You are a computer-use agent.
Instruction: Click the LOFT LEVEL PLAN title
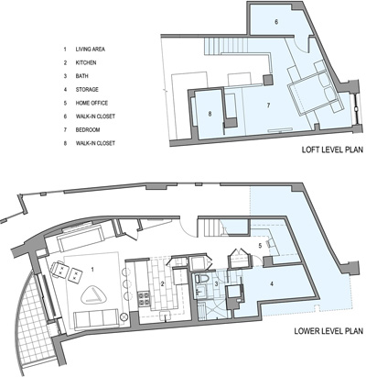[x=332, y=150]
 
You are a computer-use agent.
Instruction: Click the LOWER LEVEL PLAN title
[x=328, y=331]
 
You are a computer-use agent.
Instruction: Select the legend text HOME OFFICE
[x=91, y=103]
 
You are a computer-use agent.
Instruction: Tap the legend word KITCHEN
[x=86, y=62]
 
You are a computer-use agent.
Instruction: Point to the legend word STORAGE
[x=87, y=90]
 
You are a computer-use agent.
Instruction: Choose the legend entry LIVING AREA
[x=91, y=50]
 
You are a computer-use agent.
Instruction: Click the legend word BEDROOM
[x=88, y=130]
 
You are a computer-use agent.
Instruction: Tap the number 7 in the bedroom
[x=268, y=105]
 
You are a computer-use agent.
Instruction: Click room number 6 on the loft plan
[x=276, y=22]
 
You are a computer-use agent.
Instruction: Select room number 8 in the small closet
[x=210, y=114]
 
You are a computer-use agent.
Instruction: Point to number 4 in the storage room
[x=272, y=283]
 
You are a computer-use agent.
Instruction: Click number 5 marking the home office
[x=260, y=245]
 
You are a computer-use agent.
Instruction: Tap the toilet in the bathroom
[x=201, y=280]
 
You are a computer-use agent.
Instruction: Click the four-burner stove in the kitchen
[x=145, y=299]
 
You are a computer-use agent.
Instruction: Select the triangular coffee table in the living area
[x=93, y=295]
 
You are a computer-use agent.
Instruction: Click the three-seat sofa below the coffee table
[x=96, y=318]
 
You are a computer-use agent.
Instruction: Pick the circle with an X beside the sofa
[x=124, y=317]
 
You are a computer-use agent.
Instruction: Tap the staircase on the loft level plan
[x=226, y=46]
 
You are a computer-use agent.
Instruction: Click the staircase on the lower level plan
[x=211, y=227]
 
